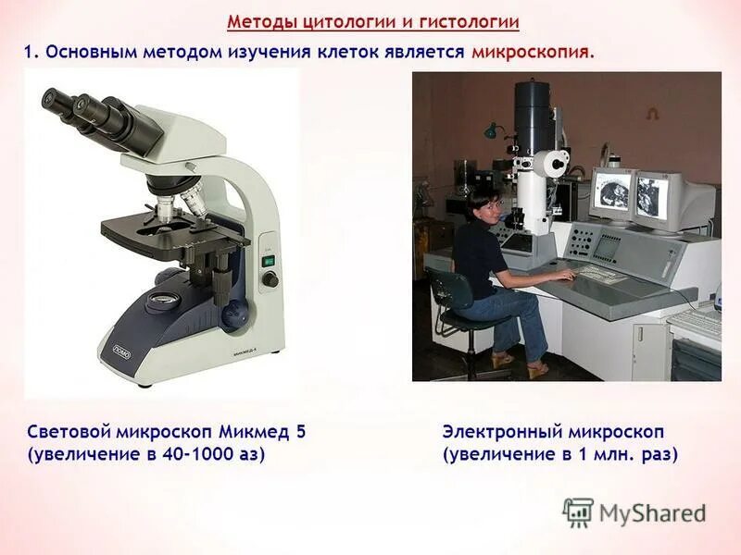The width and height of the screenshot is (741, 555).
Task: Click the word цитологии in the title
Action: point(333,21)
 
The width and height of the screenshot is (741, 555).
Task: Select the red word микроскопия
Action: point(531,53)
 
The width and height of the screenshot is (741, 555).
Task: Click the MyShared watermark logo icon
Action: point(578,512)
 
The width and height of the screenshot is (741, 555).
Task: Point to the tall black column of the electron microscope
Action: point(534,116)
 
